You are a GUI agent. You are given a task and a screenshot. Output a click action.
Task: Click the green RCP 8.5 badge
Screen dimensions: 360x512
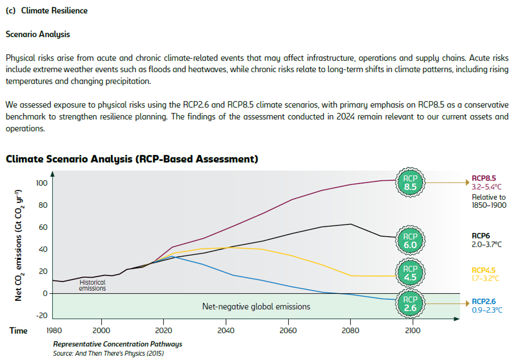410,183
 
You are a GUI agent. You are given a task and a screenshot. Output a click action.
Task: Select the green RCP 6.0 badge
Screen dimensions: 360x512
410,241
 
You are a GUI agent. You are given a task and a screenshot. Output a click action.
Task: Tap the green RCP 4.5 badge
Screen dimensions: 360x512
410,273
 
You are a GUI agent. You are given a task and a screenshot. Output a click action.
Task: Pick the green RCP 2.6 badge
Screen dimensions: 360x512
410,304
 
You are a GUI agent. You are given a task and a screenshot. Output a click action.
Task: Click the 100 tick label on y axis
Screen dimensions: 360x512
42,183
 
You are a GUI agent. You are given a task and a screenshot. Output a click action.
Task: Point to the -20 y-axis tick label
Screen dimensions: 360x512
42,315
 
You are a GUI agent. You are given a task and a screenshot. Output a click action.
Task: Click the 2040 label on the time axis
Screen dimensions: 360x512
226,330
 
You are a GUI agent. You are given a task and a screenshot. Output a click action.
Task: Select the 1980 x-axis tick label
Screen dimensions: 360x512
54,330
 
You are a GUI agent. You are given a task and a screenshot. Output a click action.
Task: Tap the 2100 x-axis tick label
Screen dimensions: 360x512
413,330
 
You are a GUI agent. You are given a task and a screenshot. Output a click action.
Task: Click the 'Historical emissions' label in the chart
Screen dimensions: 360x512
92,285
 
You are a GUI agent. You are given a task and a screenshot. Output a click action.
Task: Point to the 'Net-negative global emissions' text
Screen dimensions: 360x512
256,306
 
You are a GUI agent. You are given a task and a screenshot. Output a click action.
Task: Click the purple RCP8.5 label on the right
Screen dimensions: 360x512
484,178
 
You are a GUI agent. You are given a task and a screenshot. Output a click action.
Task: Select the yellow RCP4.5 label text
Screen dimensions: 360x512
483,270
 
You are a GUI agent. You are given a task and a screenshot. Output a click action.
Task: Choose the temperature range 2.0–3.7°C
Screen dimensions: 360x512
487,244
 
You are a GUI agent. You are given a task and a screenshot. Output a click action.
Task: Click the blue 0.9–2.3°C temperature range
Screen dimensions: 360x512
487,310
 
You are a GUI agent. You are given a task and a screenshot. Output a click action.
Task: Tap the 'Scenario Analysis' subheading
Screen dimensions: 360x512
38,34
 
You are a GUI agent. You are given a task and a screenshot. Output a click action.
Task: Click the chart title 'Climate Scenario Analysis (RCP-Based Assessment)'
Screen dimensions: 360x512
132,159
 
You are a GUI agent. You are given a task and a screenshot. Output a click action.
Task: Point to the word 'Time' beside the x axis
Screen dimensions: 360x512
18,331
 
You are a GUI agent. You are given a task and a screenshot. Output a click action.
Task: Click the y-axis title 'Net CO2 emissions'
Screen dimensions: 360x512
18,245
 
